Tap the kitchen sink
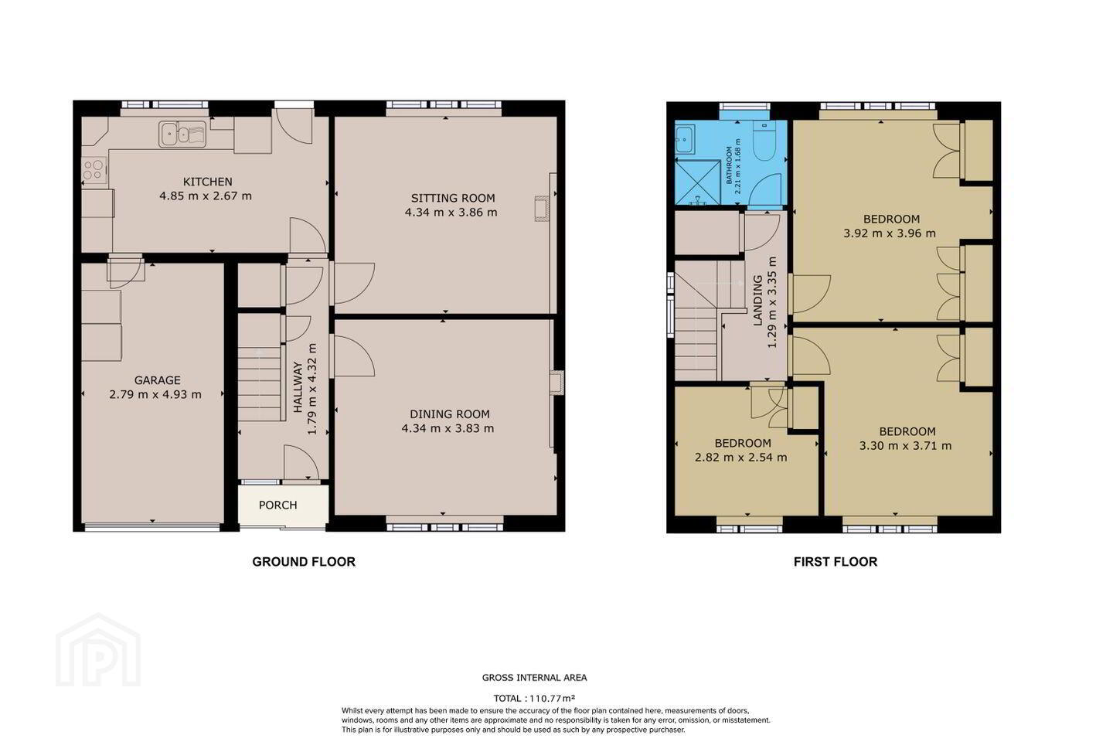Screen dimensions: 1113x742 [182, 134]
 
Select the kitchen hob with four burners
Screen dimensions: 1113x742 [94, 169]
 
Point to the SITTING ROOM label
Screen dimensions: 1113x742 [453, 198]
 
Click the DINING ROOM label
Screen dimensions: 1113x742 [450, 414]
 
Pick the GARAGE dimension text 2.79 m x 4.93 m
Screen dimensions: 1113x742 [155, 395]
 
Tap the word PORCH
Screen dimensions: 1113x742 [277, 505]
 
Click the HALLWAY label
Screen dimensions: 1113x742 [298, 387]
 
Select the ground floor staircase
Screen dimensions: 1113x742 [259, 368]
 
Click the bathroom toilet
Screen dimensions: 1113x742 [764, 139]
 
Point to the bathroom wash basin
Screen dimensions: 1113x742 [685, 138]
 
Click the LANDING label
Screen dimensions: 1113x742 [757, 301]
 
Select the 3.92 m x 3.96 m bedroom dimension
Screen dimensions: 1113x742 [890, 233]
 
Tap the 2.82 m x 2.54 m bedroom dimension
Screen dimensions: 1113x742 [740, 458]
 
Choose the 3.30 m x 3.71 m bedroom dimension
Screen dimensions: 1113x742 [905, 446]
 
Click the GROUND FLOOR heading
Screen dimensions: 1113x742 [304, 562]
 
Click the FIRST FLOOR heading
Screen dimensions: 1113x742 [836, 562]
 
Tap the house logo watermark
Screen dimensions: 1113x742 [98, 651]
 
